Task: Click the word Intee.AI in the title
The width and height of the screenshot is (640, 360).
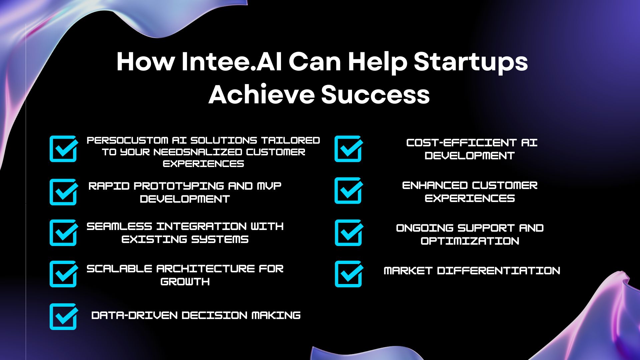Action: click(x=232, y=62)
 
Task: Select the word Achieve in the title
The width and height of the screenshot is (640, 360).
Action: click(x=262, y=94)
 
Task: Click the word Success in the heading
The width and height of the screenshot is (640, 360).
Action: click(x=375, y=94)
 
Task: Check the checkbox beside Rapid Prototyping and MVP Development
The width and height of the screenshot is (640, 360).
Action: click(x=63, y=192)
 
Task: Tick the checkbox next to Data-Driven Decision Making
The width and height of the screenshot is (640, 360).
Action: click(x=63, y=316)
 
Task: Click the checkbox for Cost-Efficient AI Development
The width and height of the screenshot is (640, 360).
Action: click(x=348, y=149)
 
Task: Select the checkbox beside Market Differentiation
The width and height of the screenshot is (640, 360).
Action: click(x=349, y=274)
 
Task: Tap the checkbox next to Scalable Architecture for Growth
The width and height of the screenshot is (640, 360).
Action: click(x=63, y=274)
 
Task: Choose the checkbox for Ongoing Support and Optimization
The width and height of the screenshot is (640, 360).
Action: click(x=349, y=232)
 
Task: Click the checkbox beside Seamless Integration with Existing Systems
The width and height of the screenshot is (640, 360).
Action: click(x=63, y=232)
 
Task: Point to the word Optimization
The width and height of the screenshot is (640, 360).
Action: click(x=470, y=241)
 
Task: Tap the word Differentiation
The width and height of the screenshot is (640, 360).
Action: click(x=499, y=271)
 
